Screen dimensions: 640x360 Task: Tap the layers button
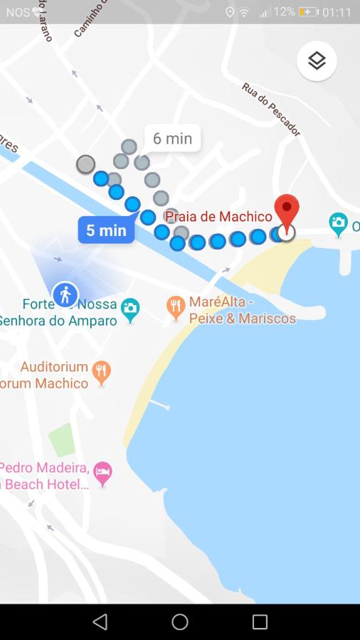click(x=317, y=61)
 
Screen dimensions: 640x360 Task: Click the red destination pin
click(x=287, y=210)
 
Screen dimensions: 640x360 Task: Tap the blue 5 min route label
click(x=106, y=230)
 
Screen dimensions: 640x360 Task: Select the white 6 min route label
click(x=173, y=138)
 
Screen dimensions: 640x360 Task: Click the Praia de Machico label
click(x=219, y=217)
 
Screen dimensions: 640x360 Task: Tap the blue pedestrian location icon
click(x=65, y=294)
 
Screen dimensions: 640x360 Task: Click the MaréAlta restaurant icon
click(x=176, y=307)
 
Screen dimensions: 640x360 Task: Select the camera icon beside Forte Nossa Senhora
click(x=129, y=309)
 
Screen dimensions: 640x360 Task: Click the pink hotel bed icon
click(x=103, y=473)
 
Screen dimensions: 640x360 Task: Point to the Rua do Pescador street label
click(x=271, y=109)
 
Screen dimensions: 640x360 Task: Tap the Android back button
click(x=100, y=622)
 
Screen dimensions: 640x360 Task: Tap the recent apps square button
click(x=260, y=622)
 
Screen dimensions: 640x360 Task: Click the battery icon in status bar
click(x=308, y=12)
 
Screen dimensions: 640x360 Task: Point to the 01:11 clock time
click(x=337, y=12)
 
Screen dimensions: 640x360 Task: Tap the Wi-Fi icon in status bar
click(x=244, y=12)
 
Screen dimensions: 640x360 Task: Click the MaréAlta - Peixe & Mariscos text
click(x=242, y=310)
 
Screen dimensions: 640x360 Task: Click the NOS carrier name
click(x=18, y=12)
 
